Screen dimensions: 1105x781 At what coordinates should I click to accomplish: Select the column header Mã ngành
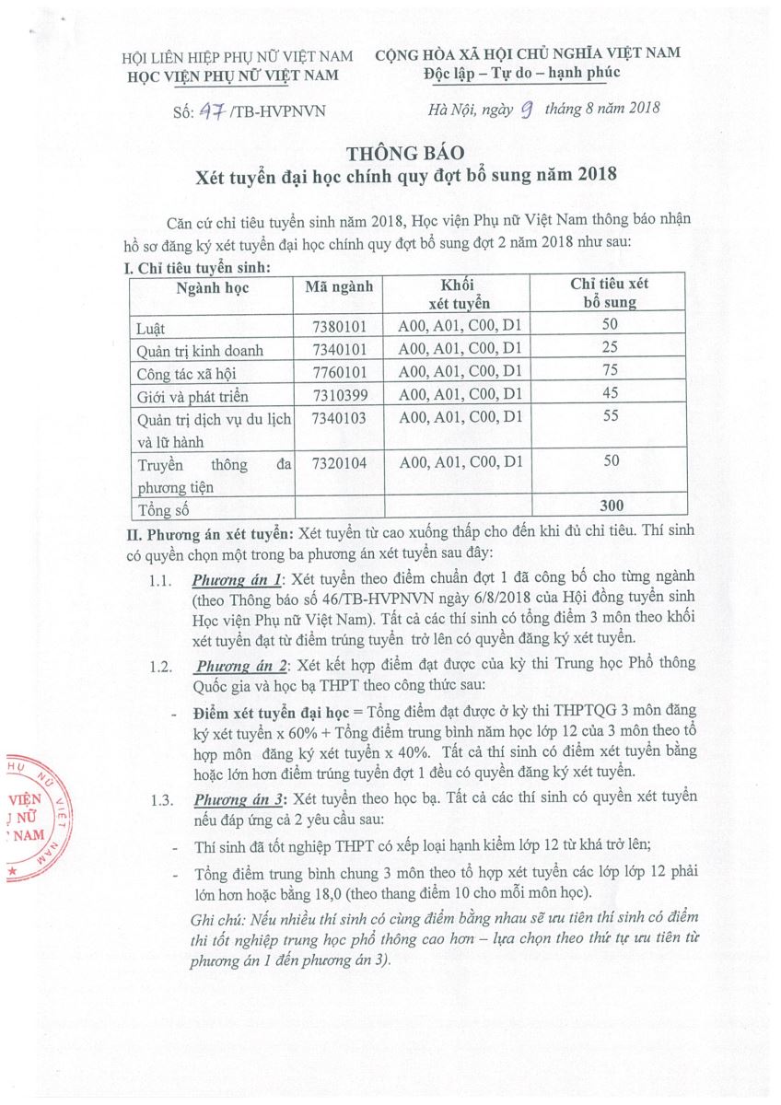point(339,286)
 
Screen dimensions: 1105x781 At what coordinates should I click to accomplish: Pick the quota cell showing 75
point(609,371)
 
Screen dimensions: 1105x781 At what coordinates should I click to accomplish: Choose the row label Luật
point(151,327)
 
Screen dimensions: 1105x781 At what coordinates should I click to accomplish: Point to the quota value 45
point(609,394)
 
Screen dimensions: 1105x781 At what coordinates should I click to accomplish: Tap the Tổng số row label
point(163,508)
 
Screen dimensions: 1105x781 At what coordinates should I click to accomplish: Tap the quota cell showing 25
point(609,349)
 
